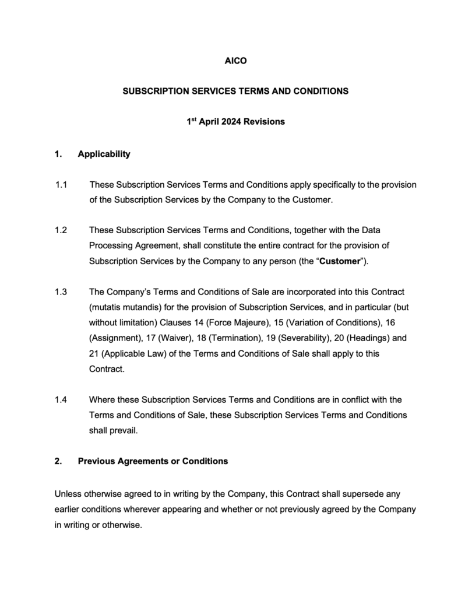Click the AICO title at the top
[x=236, y=60]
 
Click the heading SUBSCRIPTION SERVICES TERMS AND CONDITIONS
[x=235, y=91]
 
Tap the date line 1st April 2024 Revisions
[x=235, y=122]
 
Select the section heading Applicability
[x=104, y=154]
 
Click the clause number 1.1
[x=62, y=185]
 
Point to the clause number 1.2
[x=62, y=230]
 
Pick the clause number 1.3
[x=62, y=292]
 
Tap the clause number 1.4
[x=62, y=400]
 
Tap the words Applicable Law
[x=128, y=354]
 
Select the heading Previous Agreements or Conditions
[x=153, y=461]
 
